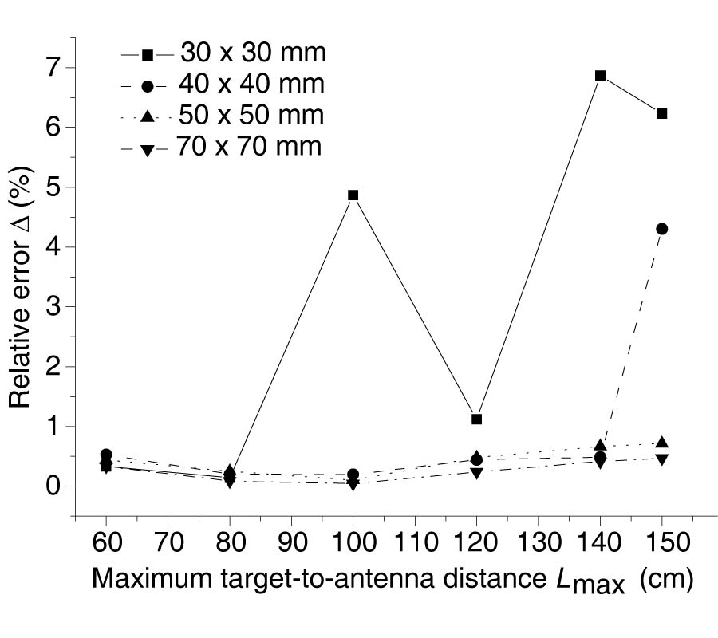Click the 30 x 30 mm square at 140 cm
(600, 76)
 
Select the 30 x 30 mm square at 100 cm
(353, 195)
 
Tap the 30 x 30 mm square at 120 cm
(477, 419)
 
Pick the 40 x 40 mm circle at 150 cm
(661, 229)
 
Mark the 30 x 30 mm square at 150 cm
(661, 114)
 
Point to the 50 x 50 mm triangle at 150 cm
(661, 443)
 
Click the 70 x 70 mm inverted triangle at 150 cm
(661, 459)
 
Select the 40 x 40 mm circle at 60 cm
(106, 455)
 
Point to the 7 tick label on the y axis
(52, 68)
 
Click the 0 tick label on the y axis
(52, 486)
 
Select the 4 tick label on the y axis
(52, 247)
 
